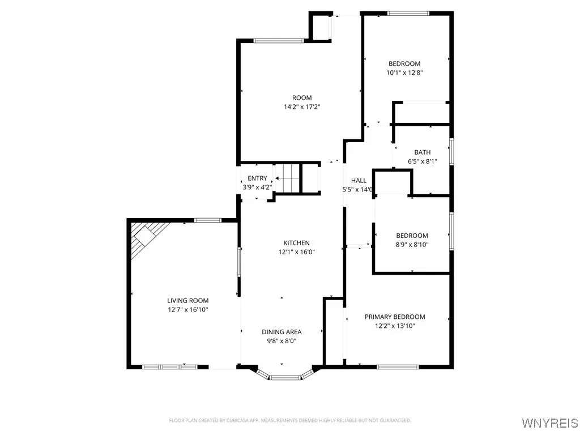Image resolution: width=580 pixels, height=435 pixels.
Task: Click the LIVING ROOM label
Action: tap(187, 301)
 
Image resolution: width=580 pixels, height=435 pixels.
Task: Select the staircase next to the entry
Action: tap(287, 178)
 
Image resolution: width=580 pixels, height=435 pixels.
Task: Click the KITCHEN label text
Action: tap(296, 243)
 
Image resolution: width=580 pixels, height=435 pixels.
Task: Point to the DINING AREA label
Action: tap(282, 332)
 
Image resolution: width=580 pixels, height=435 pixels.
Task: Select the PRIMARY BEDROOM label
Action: tap(395, 317)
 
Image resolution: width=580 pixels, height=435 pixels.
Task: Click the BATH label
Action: tap(422, 152)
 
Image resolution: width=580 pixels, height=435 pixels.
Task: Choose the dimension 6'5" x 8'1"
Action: tap(422, 161)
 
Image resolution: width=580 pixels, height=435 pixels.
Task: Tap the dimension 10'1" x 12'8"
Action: tap(404, 72)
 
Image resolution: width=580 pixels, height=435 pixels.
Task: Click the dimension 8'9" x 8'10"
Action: tap(412, 245)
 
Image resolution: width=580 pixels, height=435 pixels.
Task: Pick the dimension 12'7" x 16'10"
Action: tap(187, 310)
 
